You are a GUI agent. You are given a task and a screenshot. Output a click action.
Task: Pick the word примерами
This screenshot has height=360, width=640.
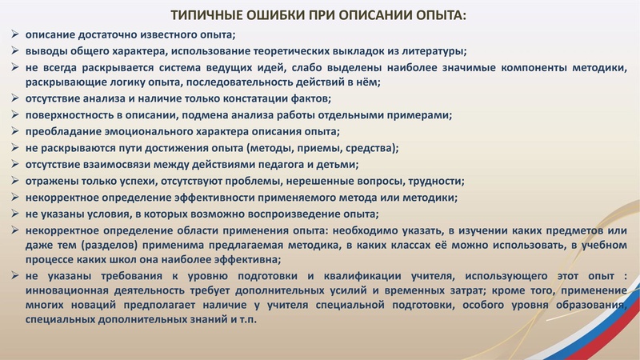click(x=418, y=115)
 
